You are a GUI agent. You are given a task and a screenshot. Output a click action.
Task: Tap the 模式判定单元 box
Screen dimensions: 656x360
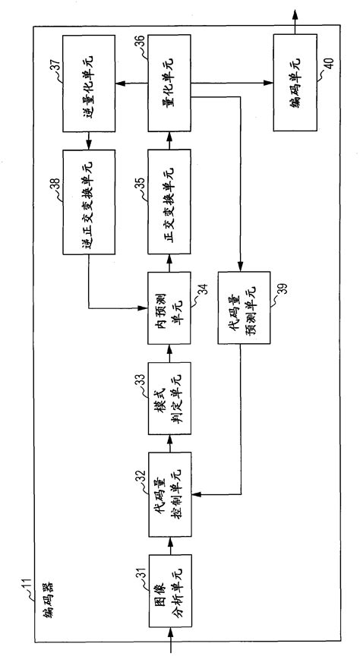click(x=170, y=393)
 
